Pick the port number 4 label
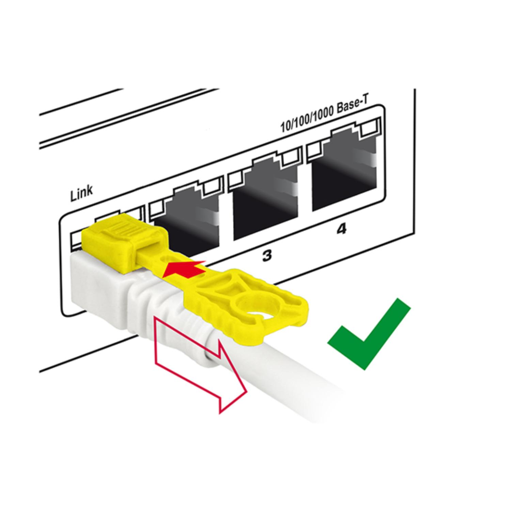(x=341, y=229)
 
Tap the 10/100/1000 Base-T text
(x=325, y=117)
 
